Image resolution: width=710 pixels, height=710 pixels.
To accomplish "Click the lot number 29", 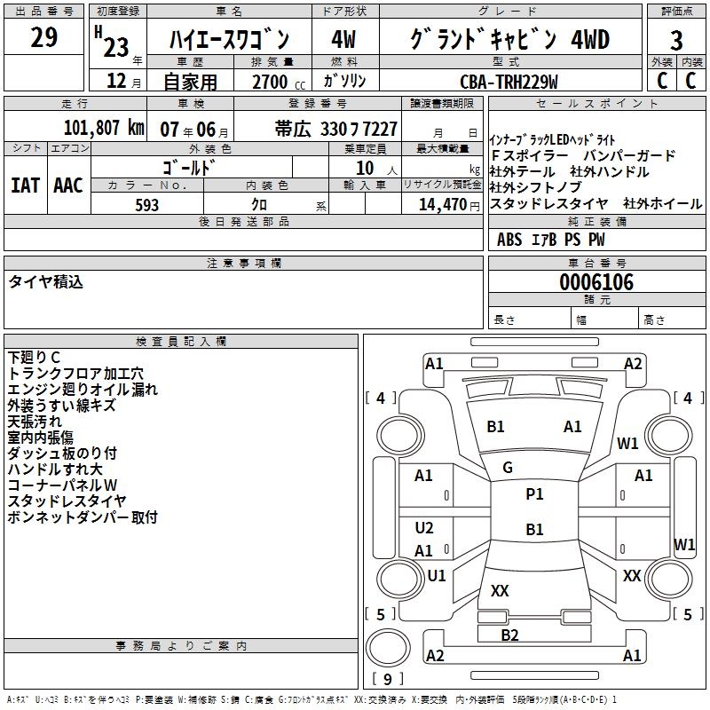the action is [x=43, y=38].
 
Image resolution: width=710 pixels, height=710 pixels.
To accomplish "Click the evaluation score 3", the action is [x=676, y=41].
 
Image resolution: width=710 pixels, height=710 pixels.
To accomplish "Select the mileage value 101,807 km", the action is [x=104, y=127].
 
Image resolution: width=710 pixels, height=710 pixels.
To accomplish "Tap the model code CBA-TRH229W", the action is [x=509, y=82].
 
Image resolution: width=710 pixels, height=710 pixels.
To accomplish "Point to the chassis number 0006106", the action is [x=596, y=282].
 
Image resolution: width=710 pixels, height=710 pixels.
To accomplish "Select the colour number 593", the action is [x=147, y=205].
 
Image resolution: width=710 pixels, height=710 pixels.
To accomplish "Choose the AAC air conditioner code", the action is [x=68, y=185].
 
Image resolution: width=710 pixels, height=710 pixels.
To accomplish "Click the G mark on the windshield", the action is [x=508, y=468].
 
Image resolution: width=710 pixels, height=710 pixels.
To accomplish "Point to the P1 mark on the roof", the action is [x=534, y=494].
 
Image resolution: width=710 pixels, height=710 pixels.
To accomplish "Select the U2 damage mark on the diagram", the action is [x=424, y=528].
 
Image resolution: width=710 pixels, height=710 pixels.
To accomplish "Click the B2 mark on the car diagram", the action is [x=509, y=635].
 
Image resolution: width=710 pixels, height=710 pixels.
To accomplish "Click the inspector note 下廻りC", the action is [x=34, y=358].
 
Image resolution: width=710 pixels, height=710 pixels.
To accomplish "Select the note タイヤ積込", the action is [x=45, y=282].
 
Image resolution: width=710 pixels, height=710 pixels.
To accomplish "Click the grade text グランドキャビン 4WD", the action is [x=510, y=40].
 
